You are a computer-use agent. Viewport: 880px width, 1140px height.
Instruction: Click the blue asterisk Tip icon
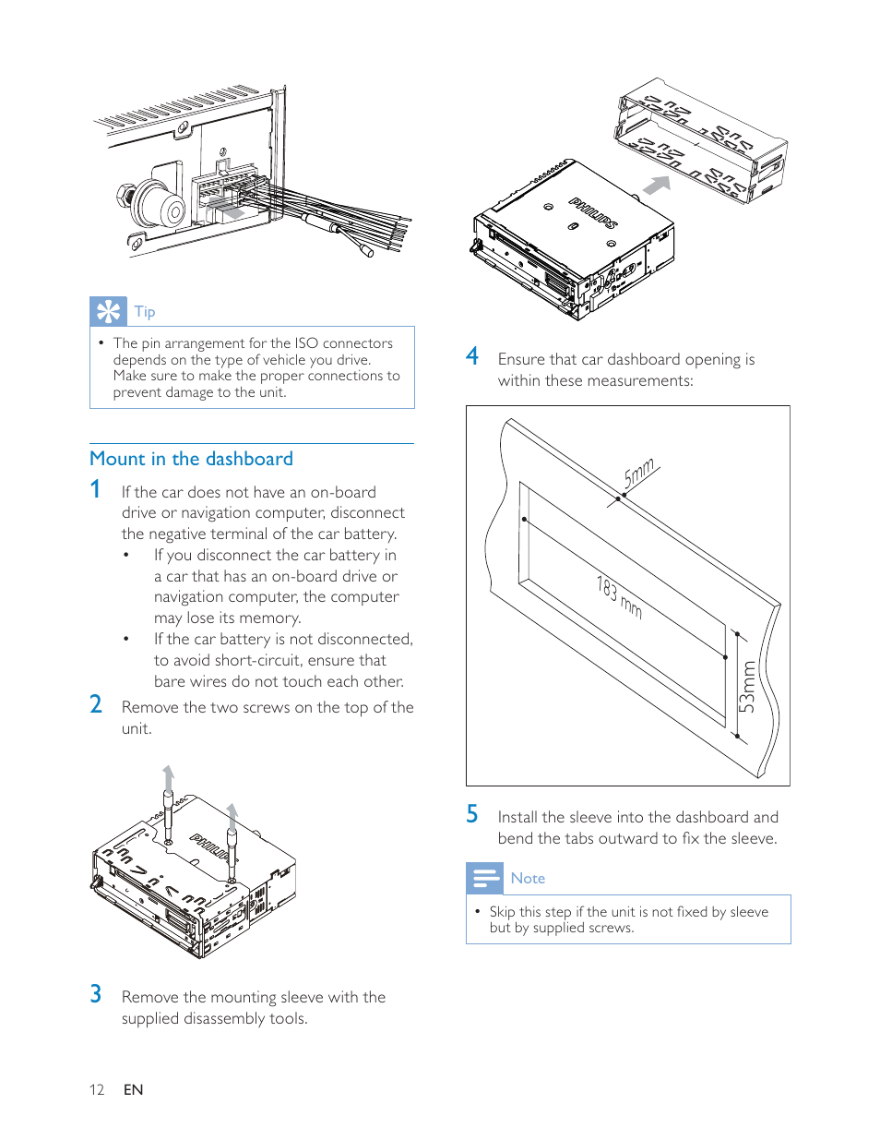(108, 311)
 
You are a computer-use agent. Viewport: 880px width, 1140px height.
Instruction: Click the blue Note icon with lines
(484, 878)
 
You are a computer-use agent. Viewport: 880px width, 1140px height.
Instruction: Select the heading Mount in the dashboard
(191, 459)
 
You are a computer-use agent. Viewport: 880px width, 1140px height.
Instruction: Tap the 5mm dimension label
(639, 473)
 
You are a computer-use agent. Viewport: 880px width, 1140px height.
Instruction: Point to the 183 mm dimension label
(619, 596)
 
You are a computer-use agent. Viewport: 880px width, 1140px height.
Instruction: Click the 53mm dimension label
(747, 686)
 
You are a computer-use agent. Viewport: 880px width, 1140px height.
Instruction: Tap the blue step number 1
(95, 489)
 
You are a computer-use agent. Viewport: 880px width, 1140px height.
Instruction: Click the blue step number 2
(96, 704)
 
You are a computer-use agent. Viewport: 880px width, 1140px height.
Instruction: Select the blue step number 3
(96, 994)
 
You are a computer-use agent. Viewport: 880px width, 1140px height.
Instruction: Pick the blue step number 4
(472, 356)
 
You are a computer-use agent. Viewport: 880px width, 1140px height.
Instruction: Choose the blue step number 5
(472, 814)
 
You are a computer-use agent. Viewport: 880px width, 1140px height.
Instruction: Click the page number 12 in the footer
(97, 1090)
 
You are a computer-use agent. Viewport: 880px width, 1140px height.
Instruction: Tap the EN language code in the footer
(134, 1090)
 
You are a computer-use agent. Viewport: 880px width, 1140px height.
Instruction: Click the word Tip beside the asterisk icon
(145, 312)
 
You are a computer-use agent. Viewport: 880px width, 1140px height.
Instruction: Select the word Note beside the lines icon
(528, 879)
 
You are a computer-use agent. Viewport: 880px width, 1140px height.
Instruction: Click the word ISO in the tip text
(306, 343)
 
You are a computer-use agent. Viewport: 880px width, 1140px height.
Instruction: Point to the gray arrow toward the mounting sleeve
(656, 186)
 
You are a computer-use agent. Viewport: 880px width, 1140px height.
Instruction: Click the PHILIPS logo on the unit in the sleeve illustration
(593, 213)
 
